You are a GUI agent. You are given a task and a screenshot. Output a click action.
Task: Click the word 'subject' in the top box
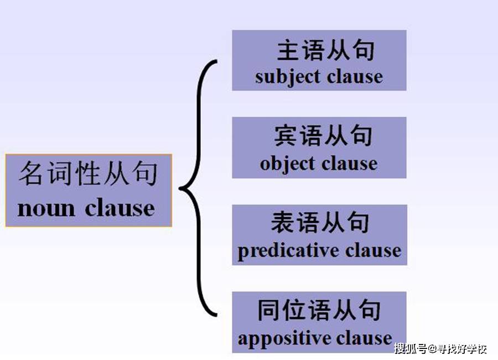click(287, 78)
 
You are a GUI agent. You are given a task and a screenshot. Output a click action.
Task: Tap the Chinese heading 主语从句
click(325, 50)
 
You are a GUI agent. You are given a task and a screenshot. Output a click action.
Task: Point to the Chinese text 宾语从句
click(323, 136)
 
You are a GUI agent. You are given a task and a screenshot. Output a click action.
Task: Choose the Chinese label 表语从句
click(320, 222)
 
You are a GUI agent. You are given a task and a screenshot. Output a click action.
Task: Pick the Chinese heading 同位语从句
click(319, 310)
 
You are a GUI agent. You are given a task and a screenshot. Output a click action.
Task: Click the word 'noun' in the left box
click(46, 209)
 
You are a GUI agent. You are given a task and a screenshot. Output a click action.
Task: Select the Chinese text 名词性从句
click(89, 173)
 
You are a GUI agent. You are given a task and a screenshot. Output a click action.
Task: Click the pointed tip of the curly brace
click(180, 188)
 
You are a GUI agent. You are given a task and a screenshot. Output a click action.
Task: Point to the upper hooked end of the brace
click(216, 61)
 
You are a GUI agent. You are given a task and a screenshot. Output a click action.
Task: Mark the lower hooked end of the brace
click(216, 315)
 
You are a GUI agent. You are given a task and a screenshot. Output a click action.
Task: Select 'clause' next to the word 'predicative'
click(373, 250)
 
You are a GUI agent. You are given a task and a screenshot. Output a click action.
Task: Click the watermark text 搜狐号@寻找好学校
click(440, 348)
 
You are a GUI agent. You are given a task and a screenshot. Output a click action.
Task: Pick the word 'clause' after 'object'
click(350, 163)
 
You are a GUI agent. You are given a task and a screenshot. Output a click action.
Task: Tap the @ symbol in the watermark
click(433, 349)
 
